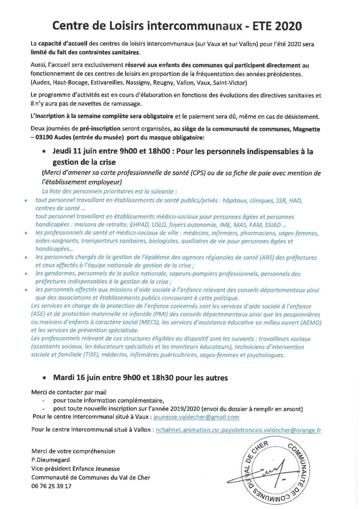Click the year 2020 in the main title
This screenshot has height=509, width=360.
pos(288,26)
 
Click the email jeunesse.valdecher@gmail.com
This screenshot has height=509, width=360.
pos(196,417)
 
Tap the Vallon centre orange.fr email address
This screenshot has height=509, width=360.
pos(238,430)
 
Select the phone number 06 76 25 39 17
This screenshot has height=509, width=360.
pos(51,486)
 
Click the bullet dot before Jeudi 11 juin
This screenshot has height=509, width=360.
pos(44,151)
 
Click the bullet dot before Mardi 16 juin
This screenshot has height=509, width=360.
pos(44,378)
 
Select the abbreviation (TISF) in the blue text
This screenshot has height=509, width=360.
pos(91,355)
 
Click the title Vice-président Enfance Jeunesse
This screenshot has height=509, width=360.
pos(75,469)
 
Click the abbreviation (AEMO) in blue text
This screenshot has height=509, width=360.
pos(311,322)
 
